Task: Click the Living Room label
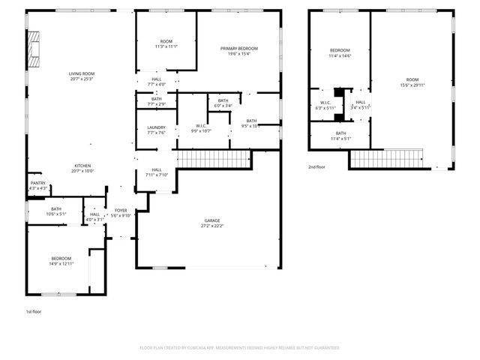point(82,73)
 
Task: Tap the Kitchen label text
point(82,166)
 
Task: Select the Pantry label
point(37,182)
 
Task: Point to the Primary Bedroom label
point(240,49)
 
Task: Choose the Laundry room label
point(156,127)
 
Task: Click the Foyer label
point(121,210)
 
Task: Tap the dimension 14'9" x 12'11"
point(61,262)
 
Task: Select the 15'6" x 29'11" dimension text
point(412,85)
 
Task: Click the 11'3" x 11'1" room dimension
point(166,46)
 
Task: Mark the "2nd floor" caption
point(316,166)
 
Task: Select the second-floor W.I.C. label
point(325,103)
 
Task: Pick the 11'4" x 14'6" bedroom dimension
point(340,55)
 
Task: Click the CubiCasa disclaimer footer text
point(240,348)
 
